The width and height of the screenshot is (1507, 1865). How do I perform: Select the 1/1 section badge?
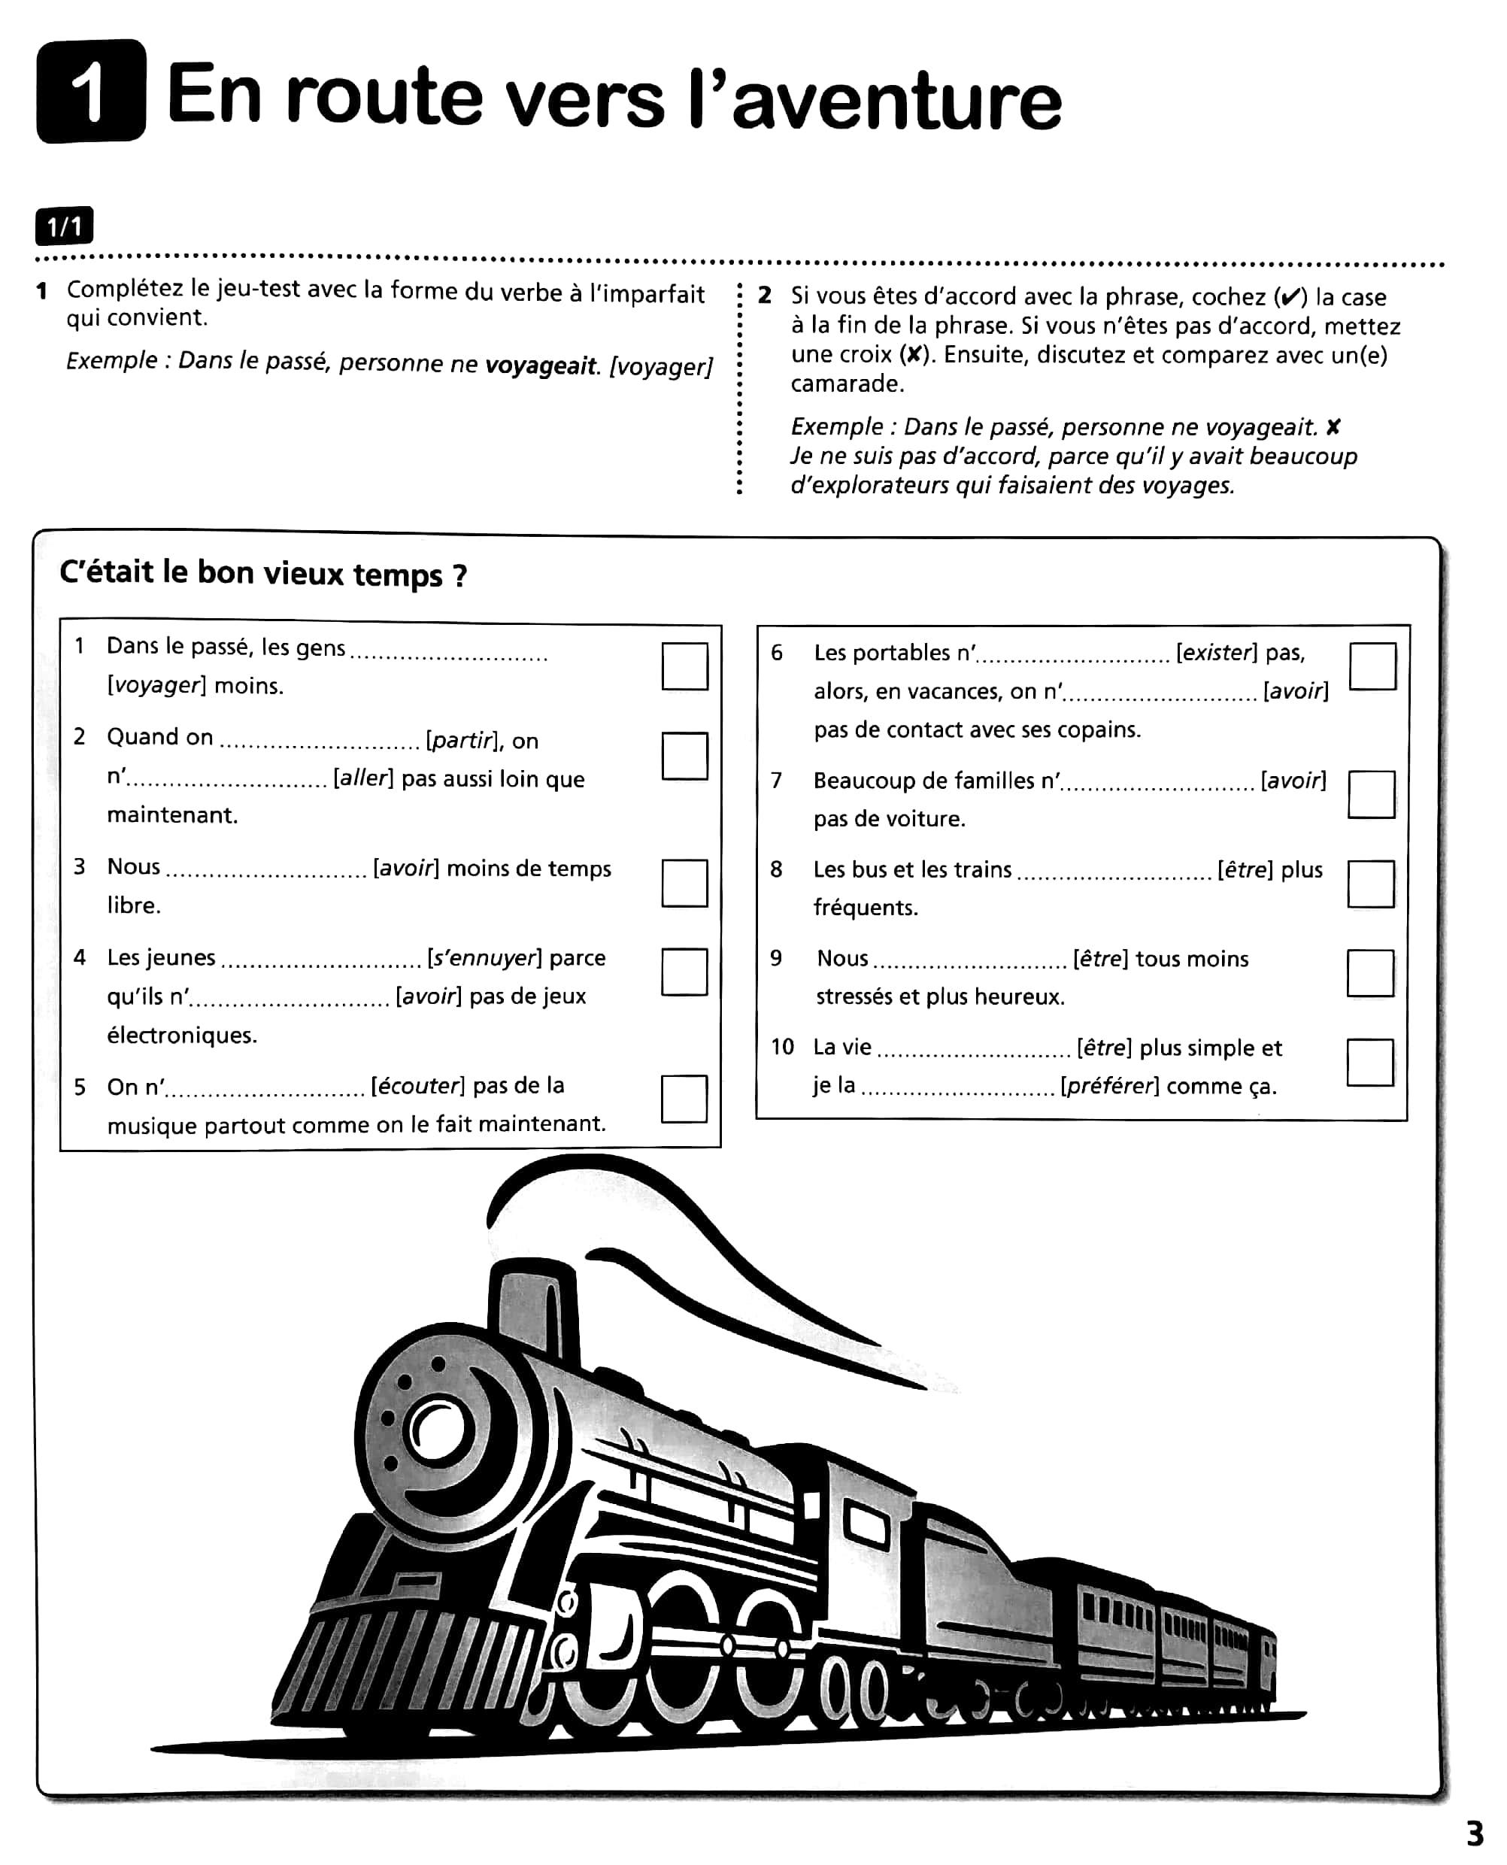tap(64, 227)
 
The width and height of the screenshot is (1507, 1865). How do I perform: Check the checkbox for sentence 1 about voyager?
tap(684, 666)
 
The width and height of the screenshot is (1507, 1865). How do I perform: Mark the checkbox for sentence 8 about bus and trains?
tap(1371, 884)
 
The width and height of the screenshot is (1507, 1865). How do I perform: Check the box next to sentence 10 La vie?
tap(1370, 1062)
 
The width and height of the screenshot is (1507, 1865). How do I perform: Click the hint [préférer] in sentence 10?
tap(1108, 1086)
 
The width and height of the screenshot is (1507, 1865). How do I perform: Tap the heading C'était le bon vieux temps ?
tap(263, 574)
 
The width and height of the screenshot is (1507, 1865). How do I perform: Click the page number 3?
tap(1475, 1833)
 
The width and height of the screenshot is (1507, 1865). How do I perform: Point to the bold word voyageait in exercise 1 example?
tap(541, 365)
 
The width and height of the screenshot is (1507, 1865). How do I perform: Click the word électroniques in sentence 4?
tap(181, 1035)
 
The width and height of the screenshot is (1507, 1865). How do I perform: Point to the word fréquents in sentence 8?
tap(865, 908)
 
